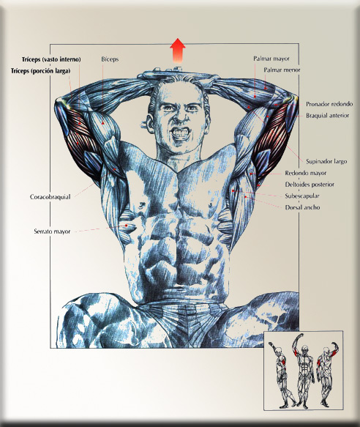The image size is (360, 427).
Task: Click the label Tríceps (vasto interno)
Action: click(51, 59)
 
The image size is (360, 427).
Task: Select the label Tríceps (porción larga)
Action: click(40, 71)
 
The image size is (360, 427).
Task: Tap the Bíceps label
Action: click(110, 59)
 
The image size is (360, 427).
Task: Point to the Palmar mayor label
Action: click(271, 59)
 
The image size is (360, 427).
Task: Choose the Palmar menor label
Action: click(282, 70)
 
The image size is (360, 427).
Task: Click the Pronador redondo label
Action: click(329, 104)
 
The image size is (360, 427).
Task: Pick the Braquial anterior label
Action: click(327, 116)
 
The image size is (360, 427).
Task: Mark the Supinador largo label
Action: click(326, 161)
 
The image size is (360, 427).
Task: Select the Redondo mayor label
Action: click(306, 173)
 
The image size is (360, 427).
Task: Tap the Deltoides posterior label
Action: click(310, 185)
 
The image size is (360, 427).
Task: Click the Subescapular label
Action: click(302, 196)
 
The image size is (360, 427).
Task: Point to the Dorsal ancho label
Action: click(302, 207)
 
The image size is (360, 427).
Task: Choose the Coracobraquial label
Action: click(50, 196)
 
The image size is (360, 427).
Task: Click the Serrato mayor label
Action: click(52, 231)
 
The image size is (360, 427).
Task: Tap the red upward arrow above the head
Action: click(178, 51)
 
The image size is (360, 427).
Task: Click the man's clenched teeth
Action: click(180, 133)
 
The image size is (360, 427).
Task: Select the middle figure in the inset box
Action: click(304, 371)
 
